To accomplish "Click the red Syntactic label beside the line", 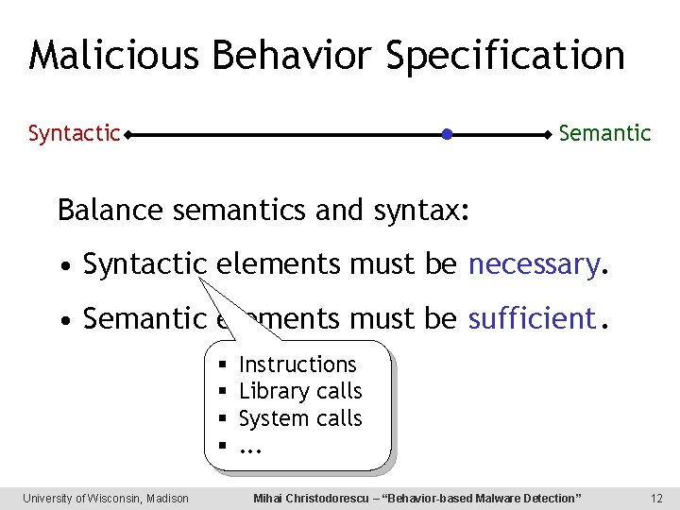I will (x=74, y=134).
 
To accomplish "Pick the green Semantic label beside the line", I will (x=604, y=134).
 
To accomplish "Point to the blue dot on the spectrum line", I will (x=448, y=135).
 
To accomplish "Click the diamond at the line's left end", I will (x=127, y=135).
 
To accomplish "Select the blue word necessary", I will (x=534, y=265).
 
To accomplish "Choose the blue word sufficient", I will (x=534, y=319).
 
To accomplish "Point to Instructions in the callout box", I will (x=297, y=365).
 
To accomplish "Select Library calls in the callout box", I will (x=300, y=391).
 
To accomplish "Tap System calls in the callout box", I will (x=300, y=417).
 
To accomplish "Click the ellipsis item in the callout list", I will (x=249, y=446).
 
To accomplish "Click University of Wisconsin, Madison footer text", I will (x=106, y=498).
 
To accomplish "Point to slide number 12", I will (x=657, y=498).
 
